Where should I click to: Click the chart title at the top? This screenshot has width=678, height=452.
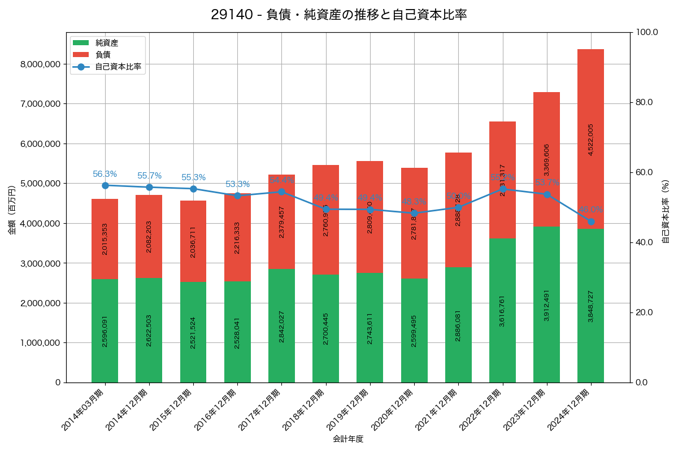point(339,15)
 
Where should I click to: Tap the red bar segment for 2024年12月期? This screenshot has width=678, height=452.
point(590,138)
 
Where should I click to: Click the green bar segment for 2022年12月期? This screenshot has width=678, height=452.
point(502,310)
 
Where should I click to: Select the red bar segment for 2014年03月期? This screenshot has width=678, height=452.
point(105,238)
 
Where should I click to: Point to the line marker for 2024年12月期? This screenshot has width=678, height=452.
point(591,221)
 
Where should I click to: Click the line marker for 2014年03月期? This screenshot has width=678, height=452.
point(105,185)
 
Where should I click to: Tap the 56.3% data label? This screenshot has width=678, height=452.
point(105,174)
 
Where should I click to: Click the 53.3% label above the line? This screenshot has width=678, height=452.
point(237,184)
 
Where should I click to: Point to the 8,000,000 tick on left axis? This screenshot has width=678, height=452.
point(40,64)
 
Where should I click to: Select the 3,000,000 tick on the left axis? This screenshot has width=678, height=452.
point(40,263)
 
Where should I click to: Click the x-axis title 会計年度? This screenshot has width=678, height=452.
point(348,439)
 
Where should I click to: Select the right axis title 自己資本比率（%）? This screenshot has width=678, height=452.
point(666,212)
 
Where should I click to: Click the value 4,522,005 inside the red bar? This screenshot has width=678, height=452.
point(591,140)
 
